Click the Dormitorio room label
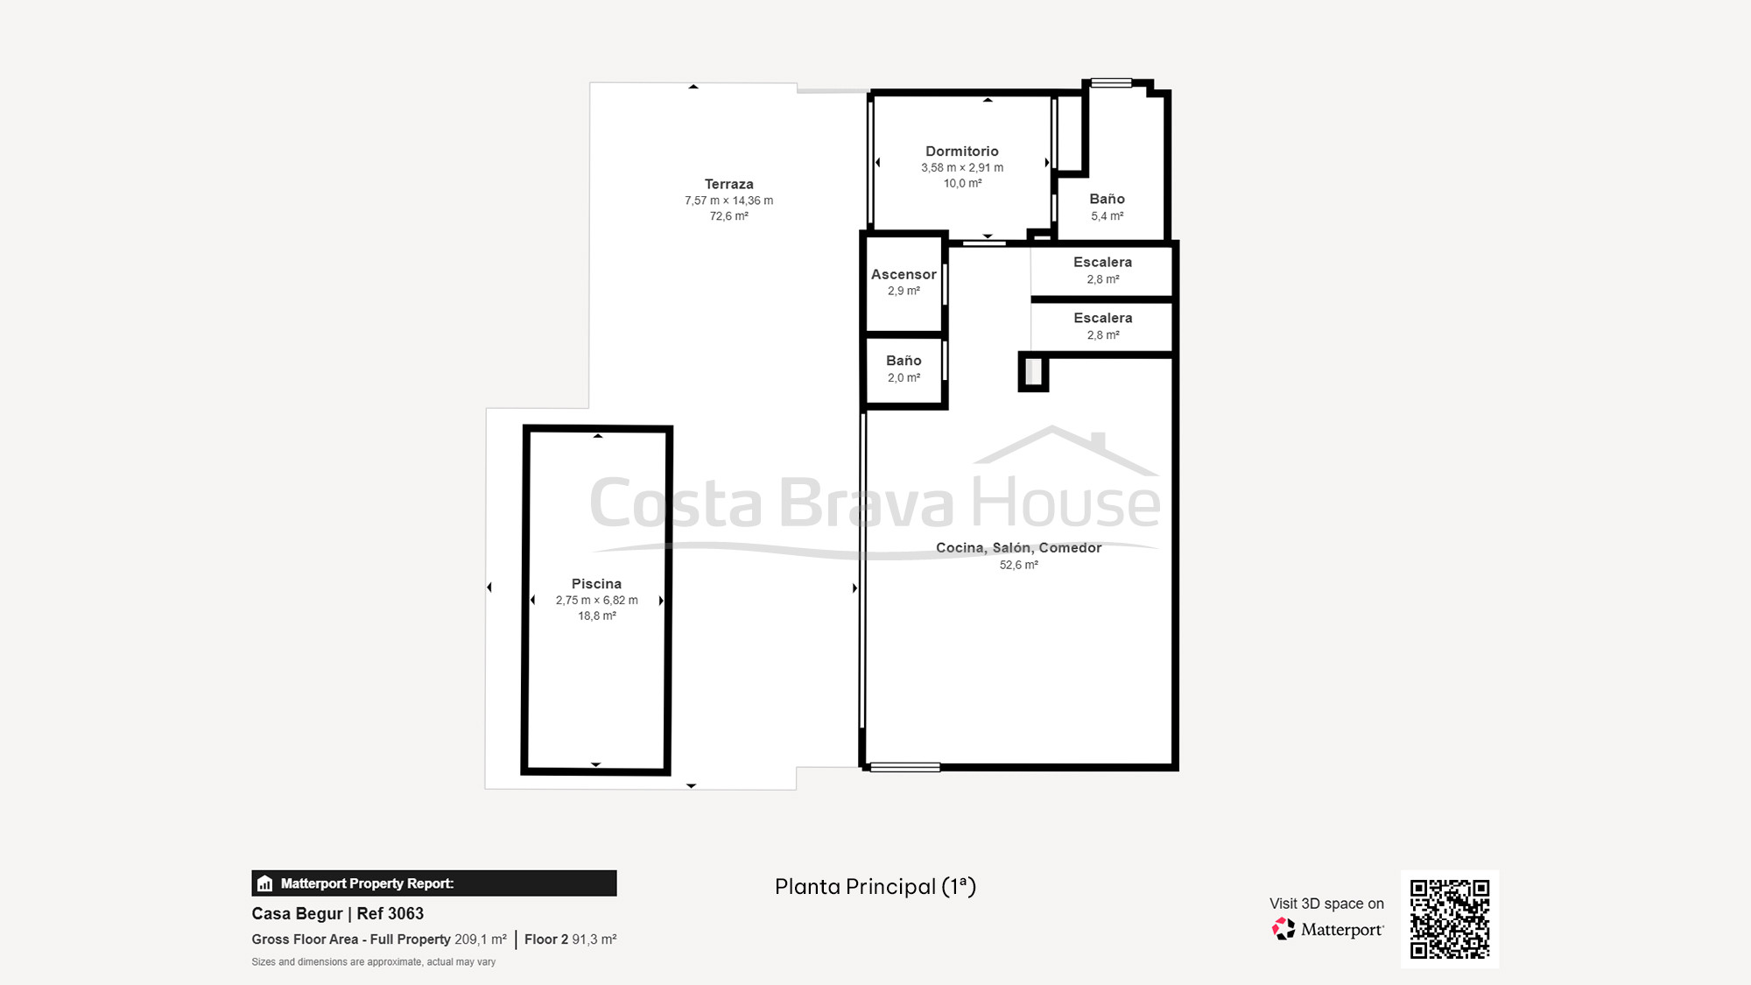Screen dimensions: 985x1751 961,151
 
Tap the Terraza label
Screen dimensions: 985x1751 728,184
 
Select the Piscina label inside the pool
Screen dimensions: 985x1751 596,584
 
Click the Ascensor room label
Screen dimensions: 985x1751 904,274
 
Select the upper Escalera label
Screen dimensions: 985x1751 1102,263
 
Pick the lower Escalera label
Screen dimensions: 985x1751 1102,318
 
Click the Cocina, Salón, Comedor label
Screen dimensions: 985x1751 1018,548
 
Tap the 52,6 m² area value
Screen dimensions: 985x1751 1018,566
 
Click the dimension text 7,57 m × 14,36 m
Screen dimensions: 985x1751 728,201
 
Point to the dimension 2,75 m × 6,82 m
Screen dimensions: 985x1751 596,601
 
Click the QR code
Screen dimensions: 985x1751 1449,918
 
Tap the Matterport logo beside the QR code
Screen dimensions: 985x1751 1328,929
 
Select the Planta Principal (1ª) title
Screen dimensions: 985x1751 875,887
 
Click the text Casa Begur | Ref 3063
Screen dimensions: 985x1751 337,913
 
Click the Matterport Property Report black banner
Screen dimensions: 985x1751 433,883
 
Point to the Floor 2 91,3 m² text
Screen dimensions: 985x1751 570,939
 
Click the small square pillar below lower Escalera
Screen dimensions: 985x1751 1033,372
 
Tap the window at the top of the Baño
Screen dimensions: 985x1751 1111,83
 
